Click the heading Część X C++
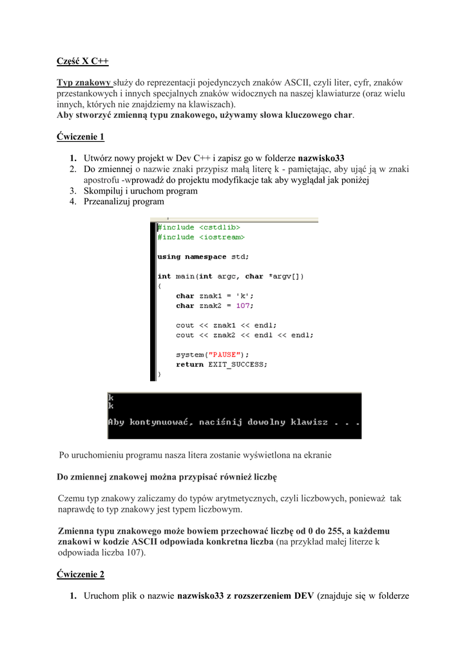click(x=82, y=61)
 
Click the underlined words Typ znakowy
click(x=84, y=82)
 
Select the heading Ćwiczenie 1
click(x=80, y=137)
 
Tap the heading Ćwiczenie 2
click(x=80, y=574)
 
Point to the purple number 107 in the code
click(x=243, y=306)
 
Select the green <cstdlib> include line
click(x=199, y=228)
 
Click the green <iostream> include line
click(x=201, y=237)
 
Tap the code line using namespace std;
click(x=203, y=257)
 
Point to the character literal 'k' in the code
click(x=245, y=296)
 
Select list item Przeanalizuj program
click(x=124, y=201)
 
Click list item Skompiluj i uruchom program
click(x=140, y=191)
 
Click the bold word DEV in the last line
click(x=303, y=596)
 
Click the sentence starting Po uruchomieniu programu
click(x=195, y=455)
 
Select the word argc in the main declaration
click(x=226, y=276)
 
